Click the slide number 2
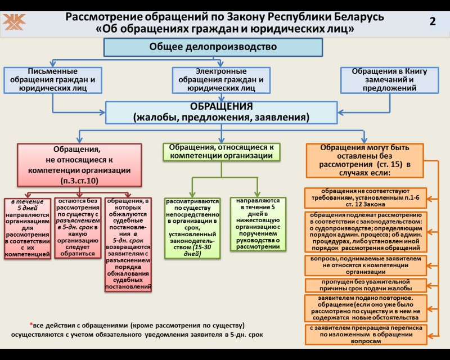click(x=433, y=21)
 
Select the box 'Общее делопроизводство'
click(x=213, y=47)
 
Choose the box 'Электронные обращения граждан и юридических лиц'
click(x=221, y=80)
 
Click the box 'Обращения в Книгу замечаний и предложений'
click(x=390, y=80)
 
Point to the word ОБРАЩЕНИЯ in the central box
click(x=221, y=106)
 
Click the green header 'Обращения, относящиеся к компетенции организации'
click(x=221, y=151)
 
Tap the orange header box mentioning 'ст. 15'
click(x=364, y=160)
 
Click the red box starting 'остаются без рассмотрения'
click(x=77, y=227)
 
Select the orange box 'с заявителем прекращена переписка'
click(x=366, y=334)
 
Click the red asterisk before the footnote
click(x=31, y=325)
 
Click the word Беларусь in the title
click(x=357, y=17)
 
